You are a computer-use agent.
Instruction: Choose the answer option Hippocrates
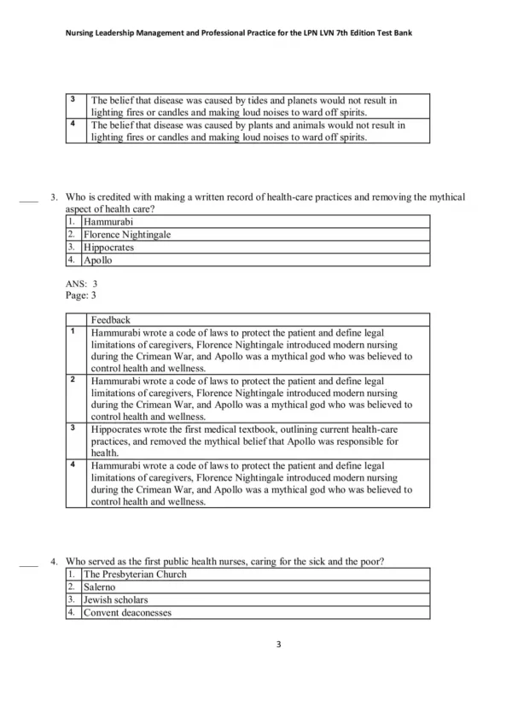click(x=109, y=248)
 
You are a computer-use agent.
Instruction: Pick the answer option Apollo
click(x=98, y=260)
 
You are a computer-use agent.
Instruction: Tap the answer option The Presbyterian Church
click(x=135, y=575)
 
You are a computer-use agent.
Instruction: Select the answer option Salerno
click(x=101, y=587)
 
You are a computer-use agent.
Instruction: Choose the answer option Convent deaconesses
click(x=127, y=613)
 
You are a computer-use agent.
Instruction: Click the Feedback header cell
click(x=110, y=319)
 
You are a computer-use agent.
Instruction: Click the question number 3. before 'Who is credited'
click(x=54, y=197)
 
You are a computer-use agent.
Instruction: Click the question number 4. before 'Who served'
click(x=54, y=561)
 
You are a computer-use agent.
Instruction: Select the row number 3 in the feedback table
click(x=73, y=427)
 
